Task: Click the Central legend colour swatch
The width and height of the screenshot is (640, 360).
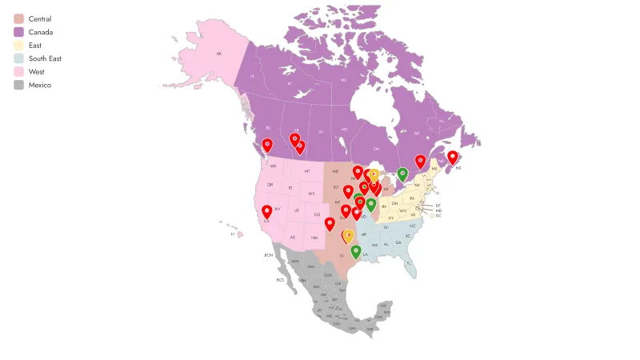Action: click(x=18, y=18)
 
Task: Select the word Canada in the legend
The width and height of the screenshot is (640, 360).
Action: click(x=41, y=32)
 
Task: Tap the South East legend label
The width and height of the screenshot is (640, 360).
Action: click(x=45, y=58)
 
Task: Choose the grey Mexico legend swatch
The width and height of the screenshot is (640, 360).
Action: click(x=18, y=85)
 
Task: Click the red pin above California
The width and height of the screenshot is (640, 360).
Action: click(x=266, y=211)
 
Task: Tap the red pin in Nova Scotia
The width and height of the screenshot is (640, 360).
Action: click(x=452, y=157)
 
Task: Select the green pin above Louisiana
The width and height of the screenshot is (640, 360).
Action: click(x=355, y=251)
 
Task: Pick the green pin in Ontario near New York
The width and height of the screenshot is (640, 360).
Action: click(x=402, y=173)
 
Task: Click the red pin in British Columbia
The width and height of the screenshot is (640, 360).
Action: click(x=267, y=144)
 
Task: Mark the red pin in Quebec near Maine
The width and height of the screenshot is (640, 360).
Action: click(x=420, y=161)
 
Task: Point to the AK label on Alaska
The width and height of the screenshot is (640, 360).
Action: click(x=218, y=54)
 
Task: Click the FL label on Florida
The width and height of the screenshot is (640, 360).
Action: click(x=408, y=262)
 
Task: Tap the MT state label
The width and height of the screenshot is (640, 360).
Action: click(x=306, y=171)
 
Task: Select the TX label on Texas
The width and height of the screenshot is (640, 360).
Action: click(x=342, y=256)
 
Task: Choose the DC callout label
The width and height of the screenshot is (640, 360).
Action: click(x=438, y=216)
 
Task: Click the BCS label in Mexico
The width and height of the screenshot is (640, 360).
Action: click(x=280, y=280)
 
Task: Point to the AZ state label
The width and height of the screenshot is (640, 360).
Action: click(x=293, y=237)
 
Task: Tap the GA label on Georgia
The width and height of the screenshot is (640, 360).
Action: click(x=398, y=242)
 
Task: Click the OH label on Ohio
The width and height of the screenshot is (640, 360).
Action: click(x=395, y=203)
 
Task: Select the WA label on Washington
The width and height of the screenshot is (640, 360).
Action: click(x=273, y=166)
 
